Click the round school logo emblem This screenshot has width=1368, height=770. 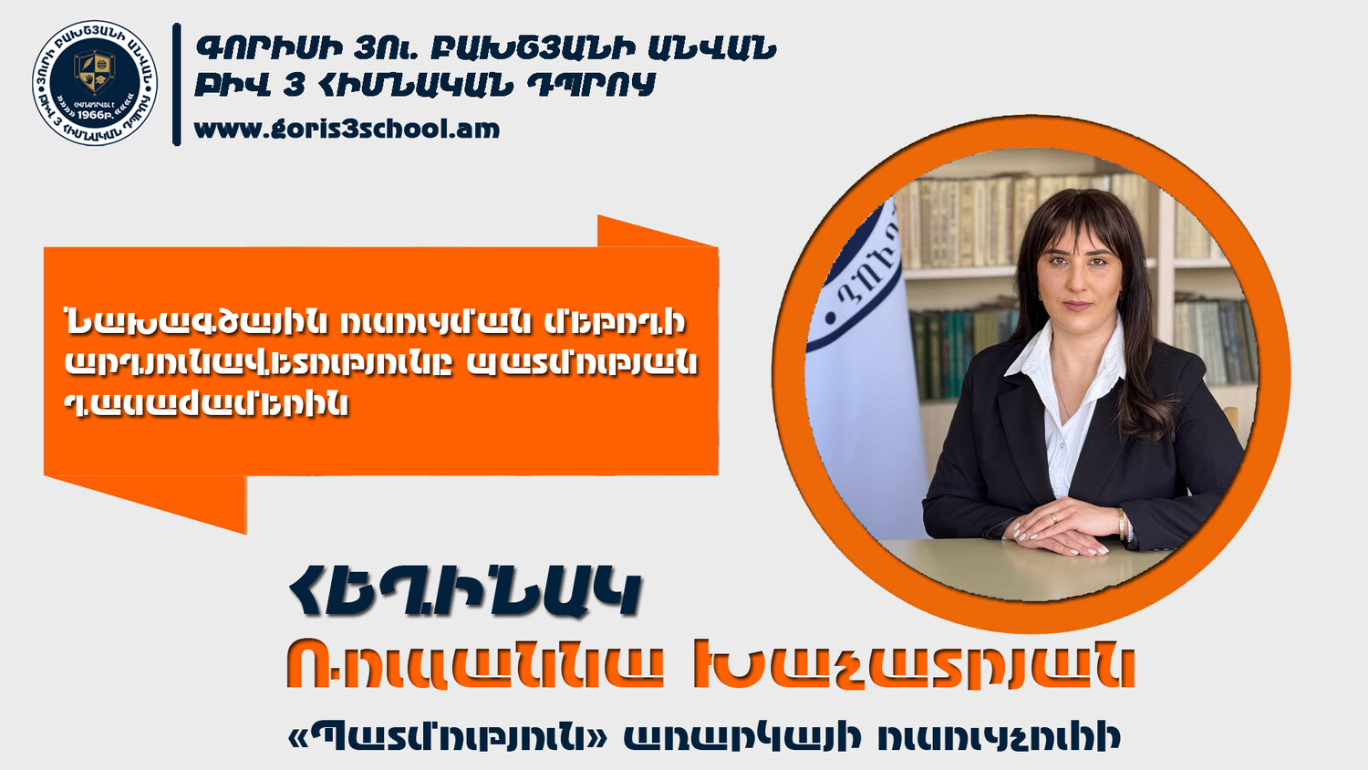pos(95,83)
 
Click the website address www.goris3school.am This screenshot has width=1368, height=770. pos(347,129)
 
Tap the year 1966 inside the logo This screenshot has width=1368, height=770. pos(90,114)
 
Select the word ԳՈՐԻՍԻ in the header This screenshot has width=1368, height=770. pos(269,48)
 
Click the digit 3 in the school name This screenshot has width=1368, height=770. pos(294,85)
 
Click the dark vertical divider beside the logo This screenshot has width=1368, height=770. pos(177,84)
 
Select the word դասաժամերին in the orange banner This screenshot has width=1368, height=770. pos(206,403)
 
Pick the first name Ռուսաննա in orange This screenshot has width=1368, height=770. pos(474,664)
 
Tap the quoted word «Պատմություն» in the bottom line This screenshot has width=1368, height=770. pos(449,737)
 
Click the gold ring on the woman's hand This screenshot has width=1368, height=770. pos(1052,518)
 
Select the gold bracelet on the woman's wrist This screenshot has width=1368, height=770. pos(1122,525)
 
